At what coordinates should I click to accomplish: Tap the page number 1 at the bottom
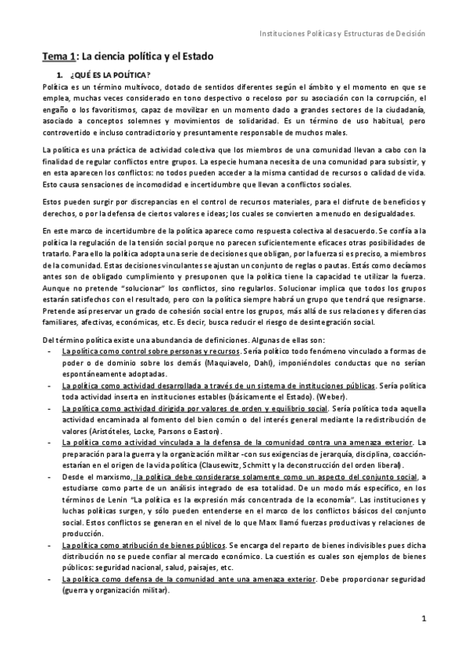422,641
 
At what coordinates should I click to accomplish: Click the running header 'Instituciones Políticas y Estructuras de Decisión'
342,34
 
